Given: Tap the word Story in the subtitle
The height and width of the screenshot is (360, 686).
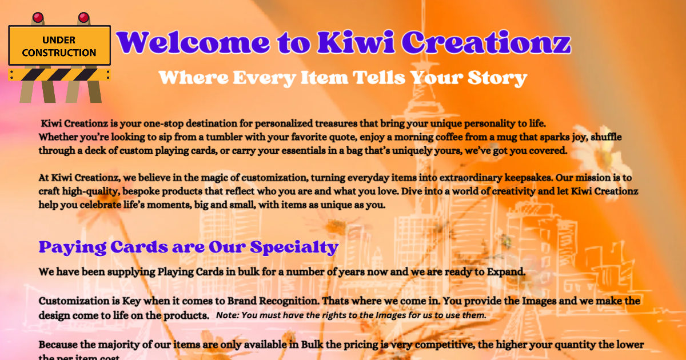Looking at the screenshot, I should [497, 78].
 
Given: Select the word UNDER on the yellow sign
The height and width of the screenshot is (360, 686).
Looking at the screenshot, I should [59, 40].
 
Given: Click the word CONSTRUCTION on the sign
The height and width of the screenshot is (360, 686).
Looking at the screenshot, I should [59, 53].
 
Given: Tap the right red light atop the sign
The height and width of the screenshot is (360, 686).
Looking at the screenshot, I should [84, 18].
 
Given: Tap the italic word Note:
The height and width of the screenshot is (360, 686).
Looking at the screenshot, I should [228, 315].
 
